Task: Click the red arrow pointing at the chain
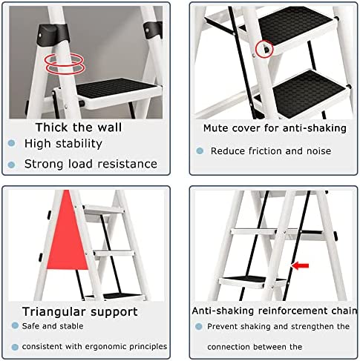(300, 266)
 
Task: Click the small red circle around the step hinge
(264, 49)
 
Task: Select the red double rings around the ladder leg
(65, 64)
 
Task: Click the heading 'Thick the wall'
(79, 127)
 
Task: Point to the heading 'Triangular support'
(80, 312)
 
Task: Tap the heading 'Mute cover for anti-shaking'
(275, 128)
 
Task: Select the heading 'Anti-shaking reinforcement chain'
(275, 311)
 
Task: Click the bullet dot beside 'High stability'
(11, 143)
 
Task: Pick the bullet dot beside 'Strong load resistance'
(11, 165)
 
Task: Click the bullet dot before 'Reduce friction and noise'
(200, 150)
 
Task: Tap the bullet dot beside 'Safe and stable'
(15, 325)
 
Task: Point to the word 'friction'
(265, 150)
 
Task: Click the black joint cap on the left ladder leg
(53, 33)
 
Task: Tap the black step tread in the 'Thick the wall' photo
(116, 89)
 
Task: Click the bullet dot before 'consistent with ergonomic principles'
(15, 347)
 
